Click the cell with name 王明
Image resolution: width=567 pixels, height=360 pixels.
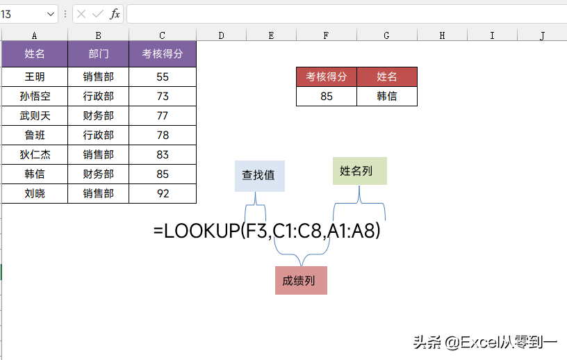click(x=35, y=76)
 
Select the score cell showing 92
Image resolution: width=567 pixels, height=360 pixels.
click(x=163, y=194)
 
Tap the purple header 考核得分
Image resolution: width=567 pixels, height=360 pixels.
click(x=163, y=54)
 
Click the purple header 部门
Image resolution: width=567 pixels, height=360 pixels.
click(x=99, y=54)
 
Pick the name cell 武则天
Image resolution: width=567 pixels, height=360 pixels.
click(x=35, y=116)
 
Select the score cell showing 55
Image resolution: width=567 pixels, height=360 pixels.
click(x=163, y=76)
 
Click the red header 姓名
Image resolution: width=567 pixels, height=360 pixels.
click(x=387, y=76)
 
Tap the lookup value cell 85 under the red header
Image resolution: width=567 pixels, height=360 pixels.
click(x=327, y=96)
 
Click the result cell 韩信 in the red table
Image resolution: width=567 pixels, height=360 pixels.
click(x=387, y=96)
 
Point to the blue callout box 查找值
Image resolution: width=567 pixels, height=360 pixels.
click(x=260, y=176)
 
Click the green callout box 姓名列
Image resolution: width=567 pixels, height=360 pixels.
click(x=360, y=171)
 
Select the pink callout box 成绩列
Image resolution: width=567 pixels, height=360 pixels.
click(x=301, y=280)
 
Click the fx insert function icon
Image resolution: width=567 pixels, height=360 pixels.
click(x=115, y=14)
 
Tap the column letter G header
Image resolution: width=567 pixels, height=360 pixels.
click(x=386, y=35)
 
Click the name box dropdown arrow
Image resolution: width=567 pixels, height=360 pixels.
click(x=51, y=14)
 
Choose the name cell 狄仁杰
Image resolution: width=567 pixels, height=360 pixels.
click(x=35, y=155)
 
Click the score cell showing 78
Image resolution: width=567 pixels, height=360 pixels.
click(x=163, y=136)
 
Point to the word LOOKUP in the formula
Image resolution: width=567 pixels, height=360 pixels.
click(x=202, y=231)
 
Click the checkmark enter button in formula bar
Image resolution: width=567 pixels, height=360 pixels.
click(x=98, y=14)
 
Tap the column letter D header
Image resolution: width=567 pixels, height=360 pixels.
click(x=221, y=35)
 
